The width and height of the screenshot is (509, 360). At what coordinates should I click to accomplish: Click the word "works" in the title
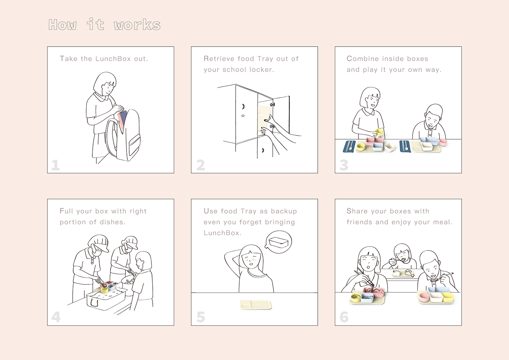tap(137, 25)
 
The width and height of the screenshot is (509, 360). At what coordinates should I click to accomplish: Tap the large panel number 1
tap(55, 165)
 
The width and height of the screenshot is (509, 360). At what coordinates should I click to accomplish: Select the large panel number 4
tap(56, 317)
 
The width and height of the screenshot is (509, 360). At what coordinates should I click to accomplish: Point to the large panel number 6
tap(344, 317)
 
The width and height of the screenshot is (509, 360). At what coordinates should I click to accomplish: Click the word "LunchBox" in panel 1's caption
tap(113, 59)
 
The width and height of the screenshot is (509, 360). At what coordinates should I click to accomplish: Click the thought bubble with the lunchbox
tap(278, 242)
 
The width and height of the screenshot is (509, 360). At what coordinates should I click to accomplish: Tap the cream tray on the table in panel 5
tap(256, 305)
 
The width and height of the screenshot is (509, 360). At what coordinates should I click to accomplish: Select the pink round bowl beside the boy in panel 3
tap(443, 142)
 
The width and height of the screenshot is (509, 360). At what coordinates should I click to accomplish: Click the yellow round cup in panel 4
tap(104, 290)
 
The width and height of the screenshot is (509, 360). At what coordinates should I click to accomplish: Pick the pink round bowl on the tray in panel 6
tap(424, 297)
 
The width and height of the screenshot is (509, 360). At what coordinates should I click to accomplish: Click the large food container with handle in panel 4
tap(106, 299)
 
